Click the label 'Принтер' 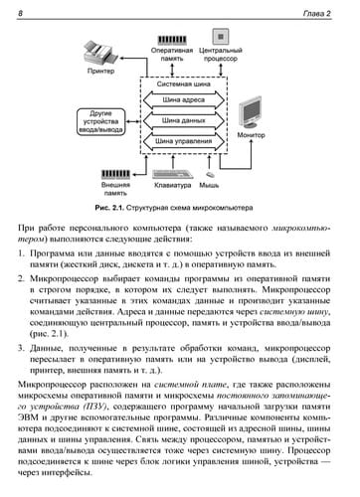click(100, 72)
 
